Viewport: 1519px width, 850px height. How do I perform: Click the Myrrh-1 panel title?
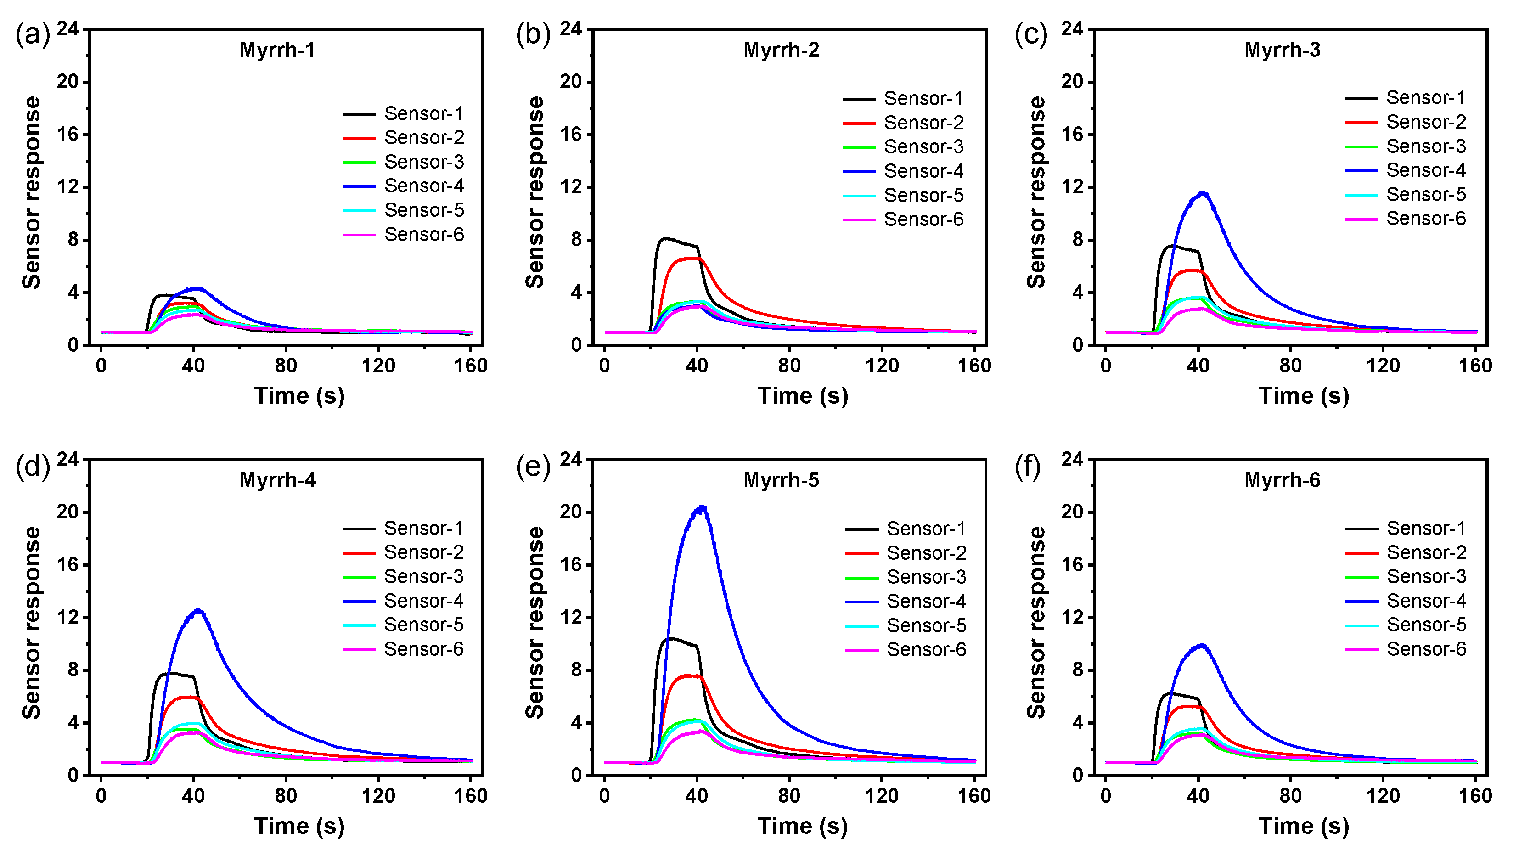click(277, 50)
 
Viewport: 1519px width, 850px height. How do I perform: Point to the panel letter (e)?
click(533, 467)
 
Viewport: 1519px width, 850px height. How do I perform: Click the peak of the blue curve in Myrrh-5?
click(702, 507)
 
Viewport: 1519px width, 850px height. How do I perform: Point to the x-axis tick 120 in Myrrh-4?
click(378, 796)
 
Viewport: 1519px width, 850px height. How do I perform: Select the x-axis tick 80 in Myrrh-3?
click(1290, 366)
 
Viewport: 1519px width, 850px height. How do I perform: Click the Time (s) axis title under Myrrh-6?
click(1304, 826)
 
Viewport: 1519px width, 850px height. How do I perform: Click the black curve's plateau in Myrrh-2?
click(678, 242)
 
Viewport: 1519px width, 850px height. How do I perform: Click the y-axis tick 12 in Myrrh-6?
click(1073, 618)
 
